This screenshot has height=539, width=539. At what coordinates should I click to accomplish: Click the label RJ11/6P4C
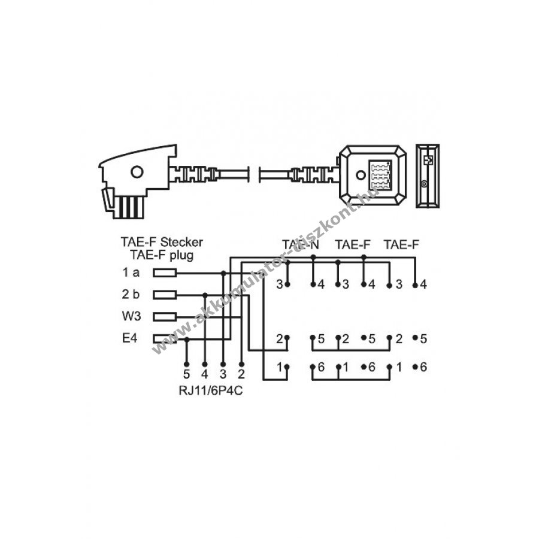coord(211,391)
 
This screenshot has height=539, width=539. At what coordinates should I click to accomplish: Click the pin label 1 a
coord(131,272)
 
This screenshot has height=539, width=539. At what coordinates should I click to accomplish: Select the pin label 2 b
coord(131,294)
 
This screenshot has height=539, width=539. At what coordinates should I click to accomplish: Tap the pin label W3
coord(131,316)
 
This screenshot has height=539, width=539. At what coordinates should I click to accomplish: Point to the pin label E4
coord(129,338)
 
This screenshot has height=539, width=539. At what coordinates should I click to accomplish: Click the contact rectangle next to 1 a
coord(165,273)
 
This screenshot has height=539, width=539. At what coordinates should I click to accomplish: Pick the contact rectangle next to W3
coord(165,317)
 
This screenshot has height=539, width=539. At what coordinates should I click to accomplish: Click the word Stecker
coord(181,242)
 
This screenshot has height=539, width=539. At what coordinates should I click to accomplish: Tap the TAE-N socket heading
coord(301,244)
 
